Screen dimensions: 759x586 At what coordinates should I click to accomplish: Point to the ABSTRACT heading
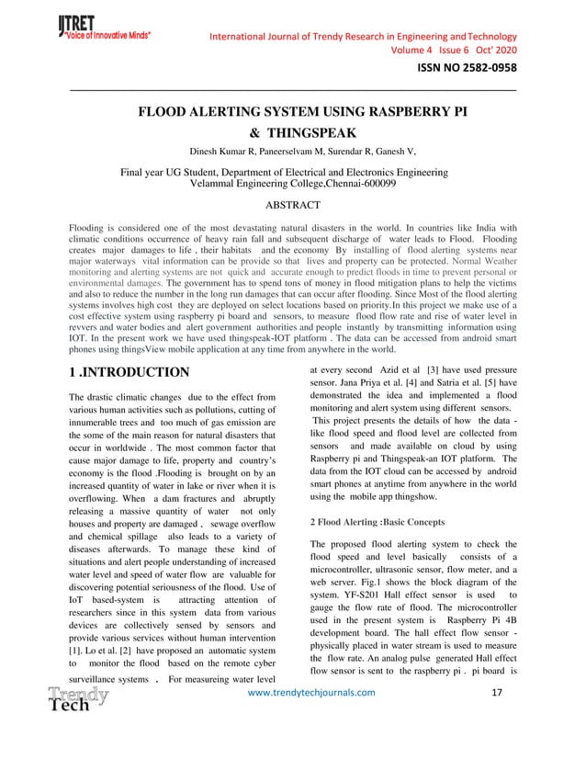291,205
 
